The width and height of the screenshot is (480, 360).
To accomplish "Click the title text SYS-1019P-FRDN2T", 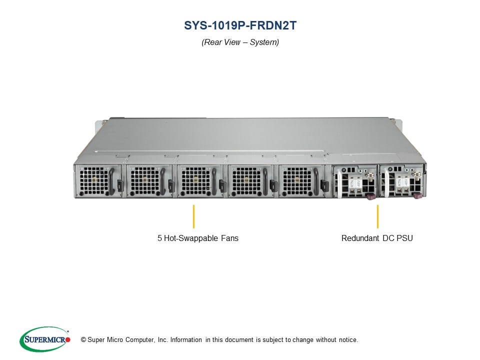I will pos(240,25).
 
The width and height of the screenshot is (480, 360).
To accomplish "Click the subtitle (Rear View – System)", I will pos(240,42).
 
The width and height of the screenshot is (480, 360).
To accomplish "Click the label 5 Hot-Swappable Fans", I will pos(198,238).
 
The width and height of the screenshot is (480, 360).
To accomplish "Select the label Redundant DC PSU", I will pos(377,238).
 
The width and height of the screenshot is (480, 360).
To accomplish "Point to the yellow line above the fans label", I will pos(193,216).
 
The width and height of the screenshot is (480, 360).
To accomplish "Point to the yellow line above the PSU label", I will pos(377,216).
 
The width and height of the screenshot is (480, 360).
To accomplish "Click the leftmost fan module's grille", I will pos(91,180).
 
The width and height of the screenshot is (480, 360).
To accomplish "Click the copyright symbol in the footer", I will pos(77,340).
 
